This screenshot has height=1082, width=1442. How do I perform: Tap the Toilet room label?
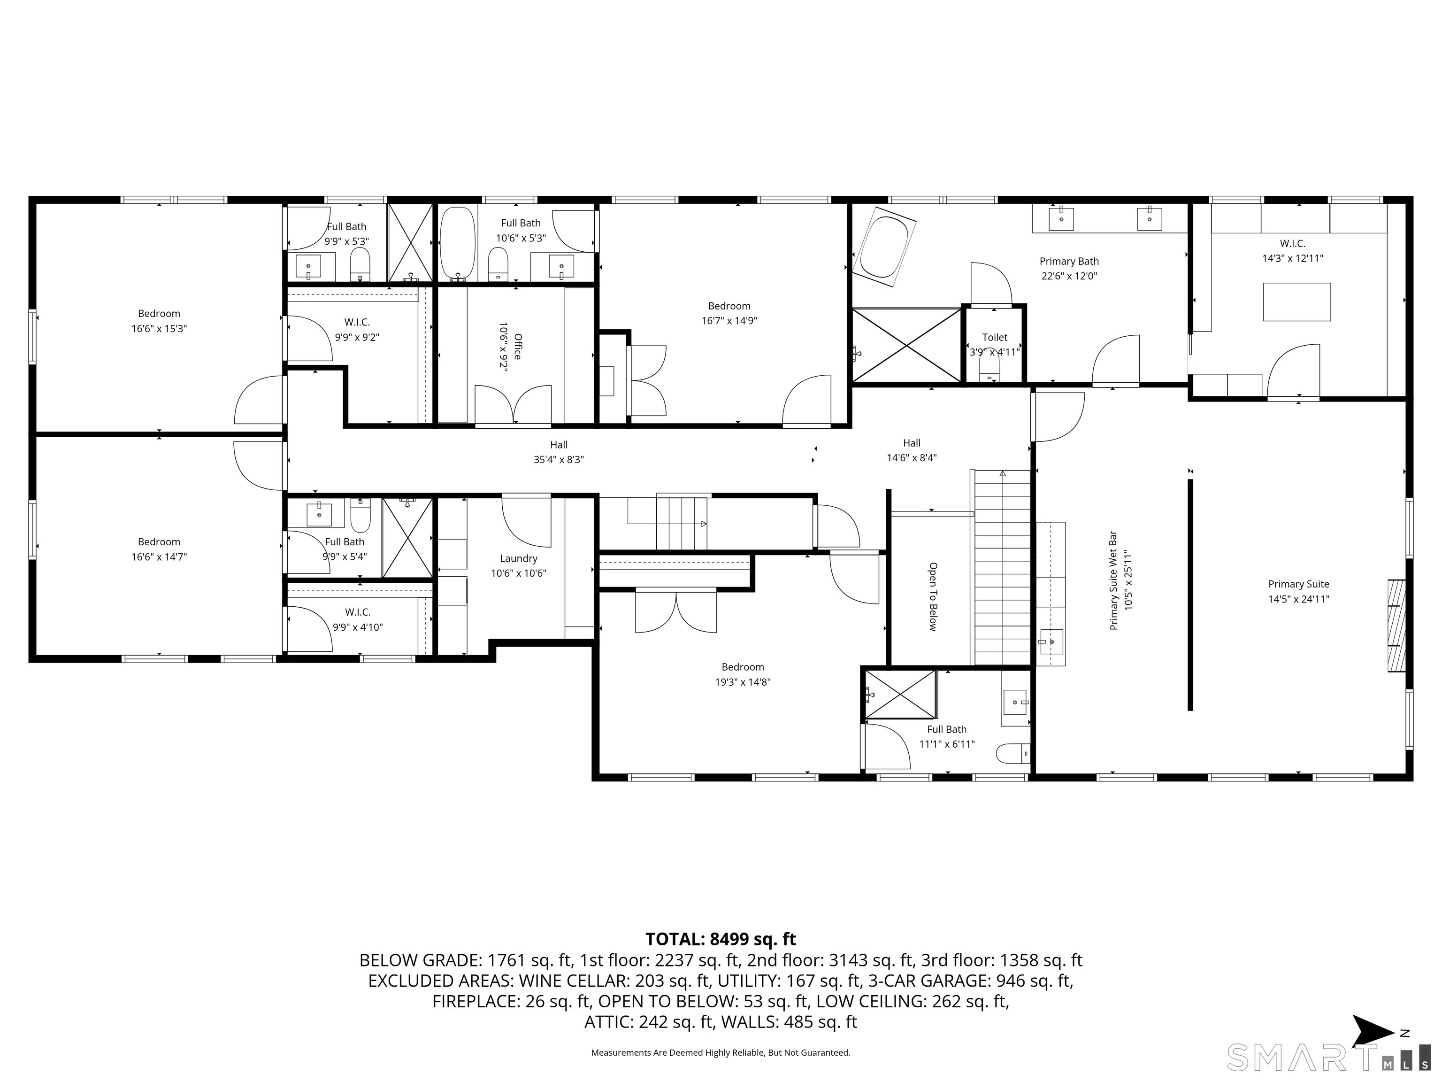[994, 337]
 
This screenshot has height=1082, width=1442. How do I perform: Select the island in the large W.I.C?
[1296, 301]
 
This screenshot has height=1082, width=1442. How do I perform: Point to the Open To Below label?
[933, 597]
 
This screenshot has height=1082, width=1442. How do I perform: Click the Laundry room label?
[518, 558]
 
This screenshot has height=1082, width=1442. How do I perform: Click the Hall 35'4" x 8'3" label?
[559, 452]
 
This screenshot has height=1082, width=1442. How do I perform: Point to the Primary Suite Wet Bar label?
[1113, 580]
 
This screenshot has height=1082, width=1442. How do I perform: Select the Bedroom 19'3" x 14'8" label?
[743, 674]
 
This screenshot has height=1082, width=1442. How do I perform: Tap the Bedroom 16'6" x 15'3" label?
[159, 321]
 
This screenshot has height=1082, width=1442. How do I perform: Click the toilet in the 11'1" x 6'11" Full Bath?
[1012, 753]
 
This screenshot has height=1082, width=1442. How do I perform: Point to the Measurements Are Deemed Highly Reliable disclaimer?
[721, 1052]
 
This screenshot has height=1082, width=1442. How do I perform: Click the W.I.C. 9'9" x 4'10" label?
[357, 619]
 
